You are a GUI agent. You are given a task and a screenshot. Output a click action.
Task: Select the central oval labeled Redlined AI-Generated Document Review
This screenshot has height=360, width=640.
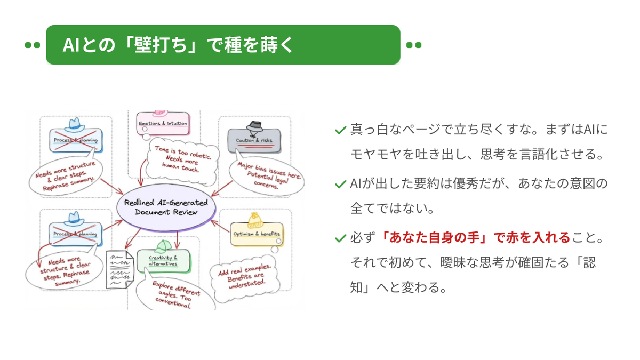pos(166,207)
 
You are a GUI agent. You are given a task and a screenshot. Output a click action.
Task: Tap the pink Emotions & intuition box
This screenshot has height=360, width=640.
pos(163,123)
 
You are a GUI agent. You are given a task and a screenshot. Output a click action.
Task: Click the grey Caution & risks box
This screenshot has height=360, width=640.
pos(254,141)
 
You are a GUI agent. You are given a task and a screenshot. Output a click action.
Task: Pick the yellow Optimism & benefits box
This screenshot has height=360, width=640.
pos(257,234)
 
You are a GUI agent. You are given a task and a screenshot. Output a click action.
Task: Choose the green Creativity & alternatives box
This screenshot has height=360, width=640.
pos(163,261)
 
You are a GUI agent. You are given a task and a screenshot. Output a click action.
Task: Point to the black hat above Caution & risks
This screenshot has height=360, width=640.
pos(254,127)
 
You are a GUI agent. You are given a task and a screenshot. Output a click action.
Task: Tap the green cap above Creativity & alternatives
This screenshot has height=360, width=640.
pos(163,247)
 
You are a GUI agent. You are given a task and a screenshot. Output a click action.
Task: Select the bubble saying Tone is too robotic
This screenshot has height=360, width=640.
pos(182,161)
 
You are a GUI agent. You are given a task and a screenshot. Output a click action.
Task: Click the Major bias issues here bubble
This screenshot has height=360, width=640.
pos(267,175)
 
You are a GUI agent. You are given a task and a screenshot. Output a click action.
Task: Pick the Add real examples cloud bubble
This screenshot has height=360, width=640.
pos(245,277)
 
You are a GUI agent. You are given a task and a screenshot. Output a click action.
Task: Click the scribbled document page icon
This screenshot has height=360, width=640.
pos(119,269)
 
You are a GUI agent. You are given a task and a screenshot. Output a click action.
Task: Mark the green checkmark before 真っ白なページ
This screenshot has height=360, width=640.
pos(340,130)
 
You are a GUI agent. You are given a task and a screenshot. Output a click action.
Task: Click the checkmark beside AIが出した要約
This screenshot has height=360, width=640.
pos(340,185)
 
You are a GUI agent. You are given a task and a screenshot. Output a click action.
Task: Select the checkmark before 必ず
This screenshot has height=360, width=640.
pos(340,238)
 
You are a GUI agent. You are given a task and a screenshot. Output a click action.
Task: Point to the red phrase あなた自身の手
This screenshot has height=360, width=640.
pos(434,237)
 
